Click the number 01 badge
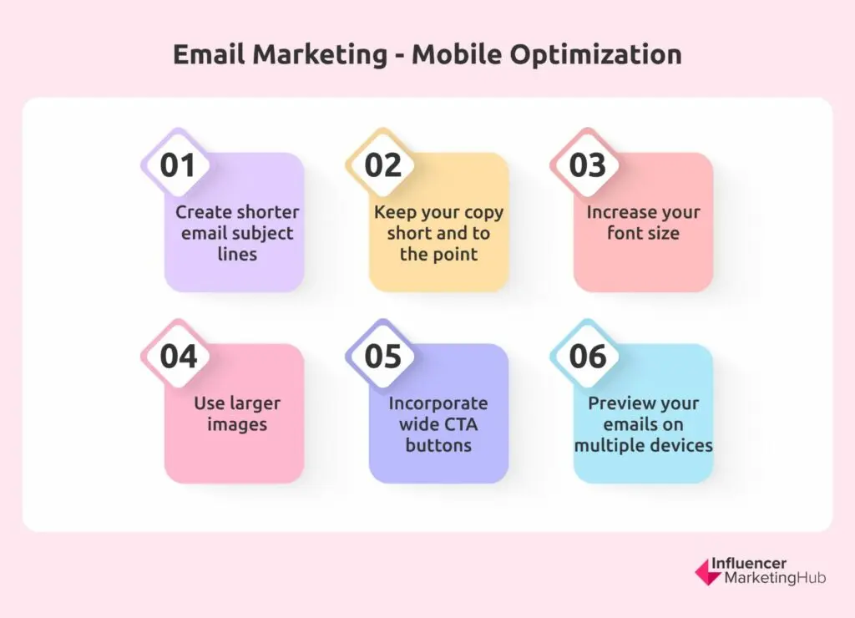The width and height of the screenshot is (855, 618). tap(177, 165)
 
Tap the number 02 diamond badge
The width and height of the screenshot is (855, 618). tap(382, 165)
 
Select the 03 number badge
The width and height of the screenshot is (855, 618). tap(587, 165)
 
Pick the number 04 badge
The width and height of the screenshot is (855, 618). tap(177, 356)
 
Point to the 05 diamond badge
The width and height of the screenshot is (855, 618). tap(382, 356)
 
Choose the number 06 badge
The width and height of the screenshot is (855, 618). tap(587, 356)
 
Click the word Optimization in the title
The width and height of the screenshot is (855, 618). tap(595, 55)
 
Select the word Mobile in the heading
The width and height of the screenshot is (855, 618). tap(456, 54)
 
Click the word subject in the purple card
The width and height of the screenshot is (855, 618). tap(264, 234)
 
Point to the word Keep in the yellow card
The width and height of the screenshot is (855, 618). tap(392, 213)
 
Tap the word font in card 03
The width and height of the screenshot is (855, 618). tap(624, 233)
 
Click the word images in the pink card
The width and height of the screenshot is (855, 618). tap(237, 425)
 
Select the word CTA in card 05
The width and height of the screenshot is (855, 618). tap(461, 424)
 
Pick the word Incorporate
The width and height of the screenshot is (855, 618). tap(438, 403)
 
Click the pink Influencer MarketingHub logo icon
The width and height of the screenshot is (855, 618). tap(708, 572)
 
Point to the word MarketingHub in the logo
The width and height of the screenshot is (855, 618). tap(775, 578)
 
